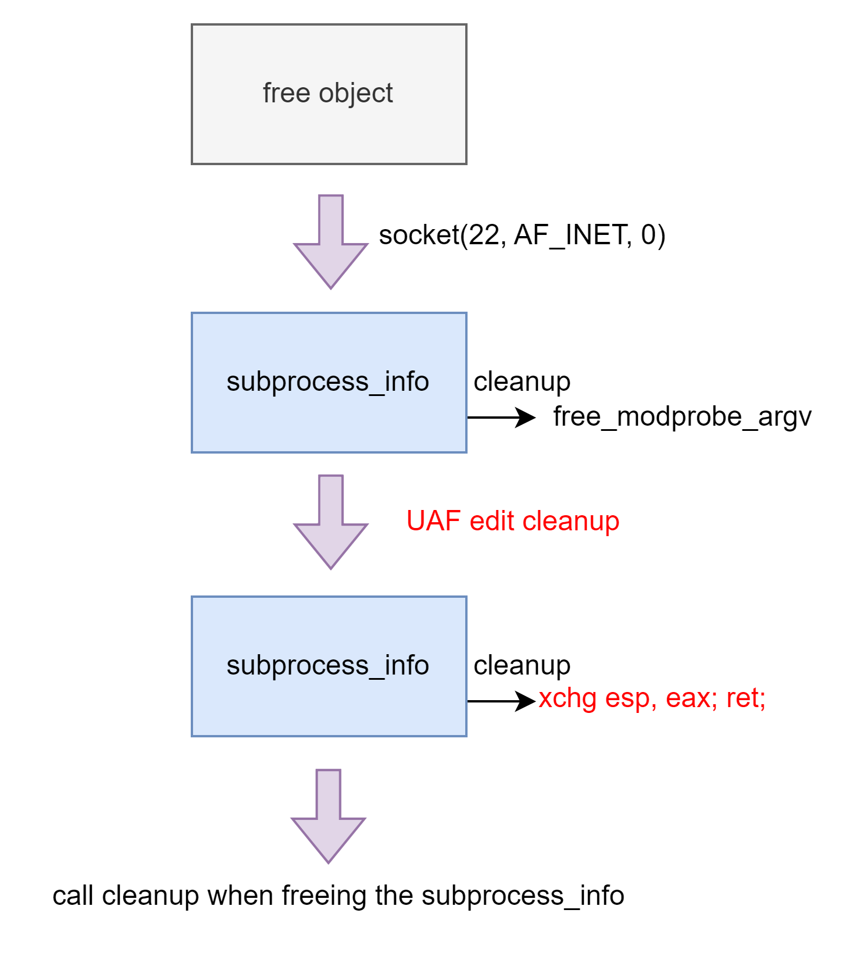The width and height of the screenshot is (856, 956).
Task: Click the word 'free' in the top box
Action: (x=286, y=93)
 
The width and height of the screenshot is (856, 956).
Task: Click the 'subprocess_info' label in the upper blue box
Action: (x=327, y=382)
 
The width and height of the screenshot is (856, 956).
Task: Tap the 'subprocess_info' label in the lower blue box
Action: (x=327, y=666)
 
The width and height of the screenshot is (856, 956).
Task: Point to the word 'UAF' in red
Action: (x=433, y=520)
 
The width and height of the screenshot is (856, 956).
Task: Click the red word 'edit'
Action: (x=492, y=520)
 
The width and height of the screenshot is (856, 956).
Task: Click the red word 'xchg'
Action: (x=567, y=698)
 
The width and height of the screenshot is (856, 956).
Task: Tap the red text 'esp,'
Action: (x=631, y=698)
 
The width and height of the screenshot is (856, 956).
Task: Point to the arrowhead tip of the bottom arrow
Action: (x=329, y=861)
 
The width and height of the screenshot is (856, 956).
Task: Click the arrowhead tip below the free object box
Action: (x=331, y=287)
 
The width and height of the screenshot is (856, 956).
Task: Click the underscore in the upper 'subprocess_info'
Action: (x=377, y=392)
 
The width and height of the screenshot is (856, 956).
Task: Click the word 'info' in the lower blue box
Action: (x=407, y=665)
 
